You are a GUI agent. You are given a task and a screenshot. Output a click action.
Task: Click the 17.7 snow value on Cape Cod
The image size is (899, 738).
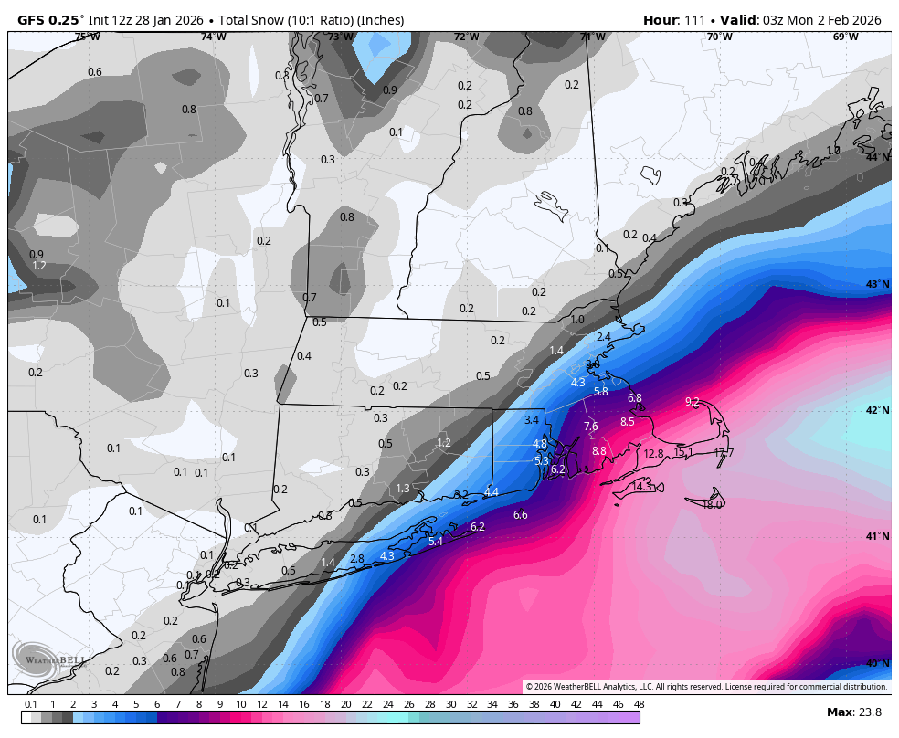pos(724,453)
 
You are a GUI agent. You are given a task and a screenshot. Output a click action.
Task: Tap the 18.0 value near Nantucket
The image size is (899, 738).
pos(713,504)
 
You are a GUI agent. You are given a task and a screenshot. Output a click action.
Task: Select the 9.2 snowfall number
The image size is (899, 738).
pos(692,402)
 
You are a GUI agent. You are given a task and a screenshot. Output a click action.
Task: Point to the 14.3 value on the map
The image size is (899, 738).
pos(642,487)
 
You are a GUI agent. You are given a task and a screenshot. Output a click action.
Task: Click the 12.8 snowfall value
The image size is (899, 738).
pos(653,454)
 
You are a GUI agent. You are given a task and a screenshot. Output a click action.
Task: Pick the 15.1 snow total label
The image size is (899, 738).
pos(683,452)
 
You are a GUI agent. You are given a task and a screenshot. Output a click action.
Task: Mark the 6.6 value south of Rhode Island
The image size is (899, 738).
pos(521,515)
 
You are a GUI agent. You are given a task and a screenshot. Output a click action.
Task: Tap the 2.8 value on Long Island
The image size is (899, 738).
pos(357,559)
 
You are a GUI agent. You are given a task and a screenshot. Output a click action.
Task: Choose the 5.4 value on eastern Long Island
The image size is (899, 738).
pos(435,542)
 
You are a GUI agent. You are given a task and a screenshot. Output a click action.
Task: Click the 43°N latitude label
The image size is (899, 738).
pos(877,284)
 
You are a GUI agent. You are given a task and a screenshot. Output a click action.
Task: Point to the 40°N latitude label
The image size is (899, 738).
pos(877,663)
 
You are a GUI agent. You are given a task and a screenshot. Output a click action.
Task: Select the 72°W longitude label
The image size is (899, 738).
pos(466,37)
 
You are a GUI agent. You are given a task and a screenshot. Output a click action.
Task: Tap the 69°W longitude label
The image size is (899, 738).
pos(845,37)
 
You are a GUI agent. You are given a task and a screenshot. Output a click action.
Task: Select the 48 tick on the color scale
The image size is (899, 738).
pos(639,704)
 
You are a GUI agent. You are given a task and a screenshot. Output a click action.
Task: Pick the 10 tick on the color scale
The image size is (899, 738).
pos(241,704)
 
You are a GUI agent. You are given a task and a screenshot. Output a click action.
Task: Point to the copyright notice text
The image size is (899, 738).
pos(706,687)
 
